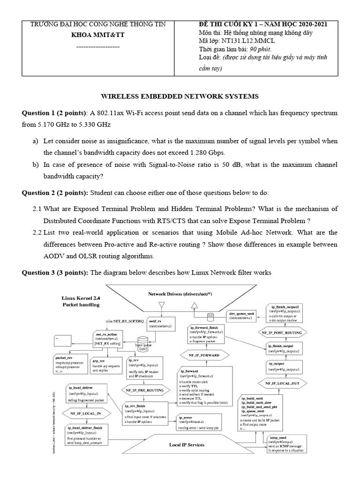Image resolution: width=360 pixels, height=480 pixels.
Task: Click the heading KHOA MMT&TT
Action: (x=97, y=35)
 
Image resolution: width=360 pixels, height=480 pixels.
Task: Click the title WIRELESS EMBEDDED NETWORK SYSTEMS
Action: (x=180, y=97)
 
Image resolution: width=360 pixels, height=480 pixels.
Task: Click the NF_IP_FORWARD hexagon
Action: (x=205, y=356)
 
